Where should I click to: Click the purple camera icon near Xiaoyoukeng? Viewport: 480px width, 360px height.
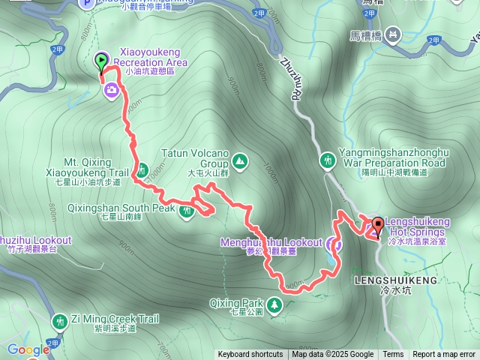point(111,90)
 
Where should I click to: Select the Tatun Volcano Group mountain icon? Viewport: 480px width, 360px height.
point(239,160)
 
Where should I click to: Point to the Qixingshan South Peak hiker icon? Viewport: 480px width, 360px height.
point(186,211)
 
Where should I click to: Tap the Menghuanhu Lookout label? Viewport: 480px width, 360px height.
point(271,243)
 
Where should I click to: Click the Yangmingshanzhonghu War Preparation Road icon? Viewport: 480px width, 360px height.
point(328,160)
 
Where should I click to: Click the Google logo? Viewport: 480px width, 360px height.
point(28,349)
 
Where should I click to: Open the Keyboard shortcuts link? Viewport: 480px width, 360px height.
point(250,355)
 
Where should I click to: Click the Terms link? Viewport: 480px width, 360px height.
point(393,355)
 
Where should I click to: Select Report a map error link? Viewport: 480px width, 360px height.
point(444,355)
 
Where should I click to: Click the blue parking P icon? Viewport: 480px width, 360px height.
point(87,4)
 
